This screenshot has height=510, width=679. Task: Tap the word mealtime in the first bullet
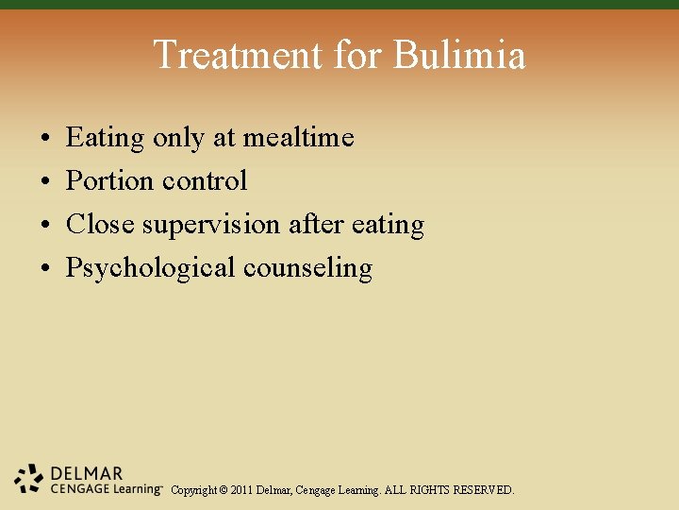pos(298,138)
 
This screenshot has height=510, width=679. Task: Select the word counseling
pos(307,268)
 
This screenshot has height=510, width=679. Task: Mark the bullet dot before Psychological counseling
pos(46,269)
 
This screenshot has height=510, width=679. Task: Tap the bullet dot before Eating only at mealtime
pos(46,139)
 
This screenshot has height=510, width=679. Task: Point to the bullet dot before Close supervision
pos(46,226)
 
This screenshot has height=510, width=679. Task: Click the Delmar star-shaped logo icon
pos(29,478)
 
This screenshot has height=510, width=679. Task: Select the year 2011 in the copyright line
pos(243,490)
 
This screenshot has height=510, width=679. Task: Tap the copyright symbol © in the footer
pos(223,490)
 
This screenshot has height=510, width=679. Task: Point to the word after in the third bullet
pos(316,225)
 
